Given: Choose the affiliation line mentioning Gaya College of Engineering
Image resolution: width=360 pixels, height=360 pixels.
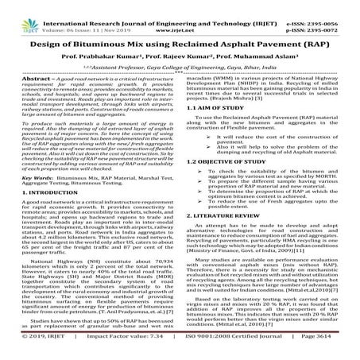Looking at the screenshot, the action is [x=180, y=68].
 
